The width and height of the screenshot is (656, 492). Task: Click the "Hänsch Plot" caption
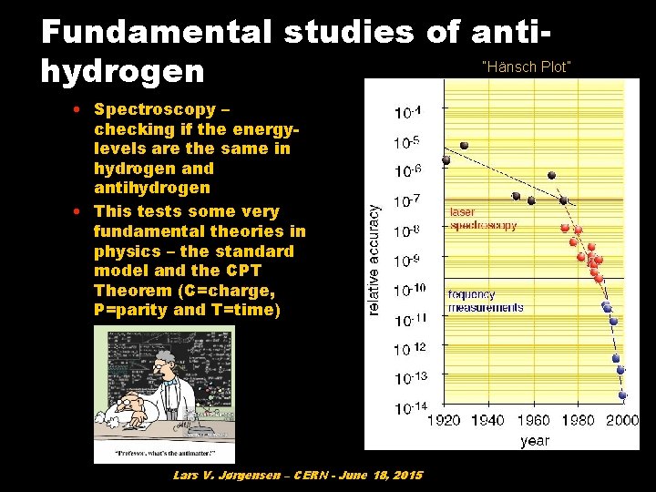pos(526,67)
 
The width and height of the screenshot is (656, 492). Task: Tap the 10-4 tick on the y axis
pos(407,112)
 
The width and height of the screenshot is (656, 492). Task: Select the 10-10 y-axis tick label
pos(409,290)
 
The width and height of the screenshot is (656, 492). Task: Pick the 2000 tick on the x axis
pos(622,420)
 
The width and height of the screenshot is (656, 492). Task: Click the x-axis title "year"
pos(535,440)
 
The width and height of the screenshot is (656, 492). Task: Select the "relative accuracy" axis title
pos(374,260)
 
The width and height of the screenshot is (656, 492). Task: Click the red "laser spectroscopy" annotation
pos(483,219)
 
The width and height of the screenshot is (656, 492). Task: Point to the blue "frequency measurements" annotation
pos(486,301)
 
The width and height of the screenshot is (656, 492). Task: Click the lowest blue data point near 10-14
pos(622,395)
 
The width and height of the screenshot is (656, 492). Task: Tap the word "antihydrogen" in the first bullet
pos(151,188)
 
